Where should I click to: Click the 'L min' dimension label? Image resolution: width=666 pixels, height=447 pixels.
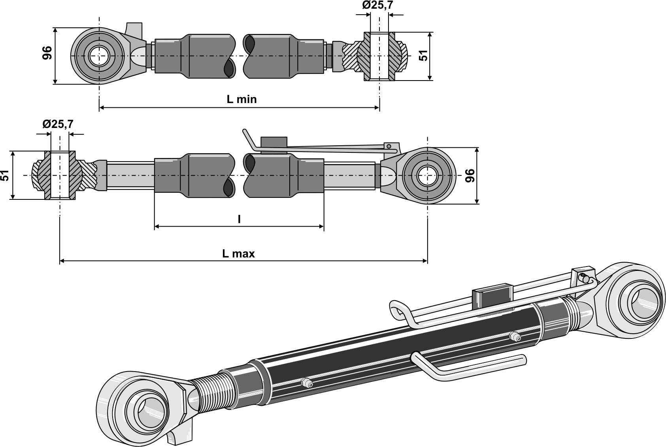pyautogui.click(x=241, y=99)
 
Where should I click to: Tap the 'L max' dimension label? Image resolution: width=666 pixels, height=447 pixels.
pyautogui.click(x=238, y=254)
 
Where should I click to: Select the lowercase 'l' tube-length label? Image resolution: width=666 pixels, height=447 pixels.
pyautogui.click(x=239, y=219)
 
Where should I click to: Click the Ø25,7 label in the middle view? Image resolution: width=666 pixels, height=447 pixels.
pyautogui.click(x=58, y=124)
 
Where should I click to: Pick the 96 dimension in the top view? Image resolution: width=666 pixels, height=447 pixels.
pyautogui.click(x=47, y=53)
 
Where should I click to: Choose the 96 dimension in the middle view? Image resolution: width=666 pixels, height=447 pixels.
pyautogui.click(x=470, y=175)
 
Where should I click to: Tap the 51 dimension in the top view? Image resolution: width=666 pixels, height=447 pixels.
pyautogui.click(x=423, y=55)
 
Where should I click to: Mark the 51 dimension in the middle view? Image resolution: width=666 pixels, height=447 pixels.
pyautogui.click(x=5, y=175)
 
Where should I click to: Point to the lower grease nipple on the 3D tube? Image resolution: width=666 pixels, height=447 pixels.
pyautogui.click(x=306, y=382)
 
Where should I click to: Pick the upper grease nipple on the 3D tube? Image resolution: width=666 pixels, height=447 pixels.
pyautogui.click(x=514, y=337)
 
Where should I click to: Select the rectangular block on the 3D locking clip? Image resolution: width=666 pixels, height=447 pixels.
pyautogui.click(x=492, y=295)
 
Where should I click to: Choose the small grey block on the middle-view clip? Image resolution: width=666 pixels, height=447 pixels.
pyautogui.click(x=274, y=142)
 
